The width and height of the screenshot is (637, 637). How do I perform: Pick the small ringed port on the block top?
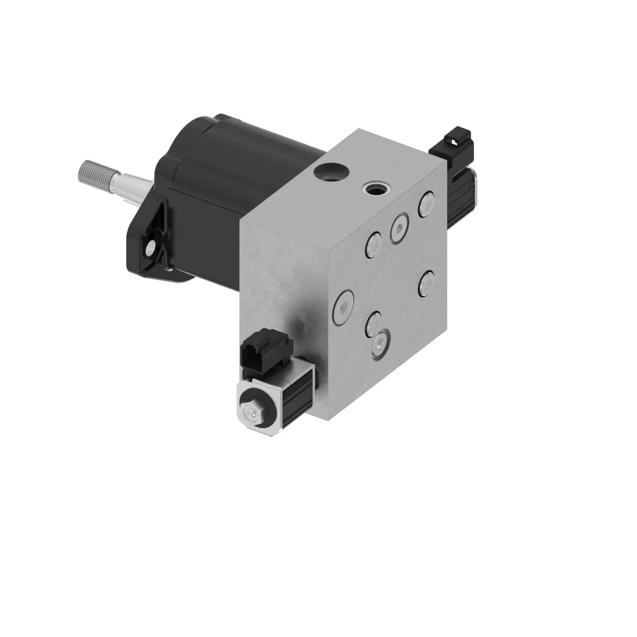coord(375,189)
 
